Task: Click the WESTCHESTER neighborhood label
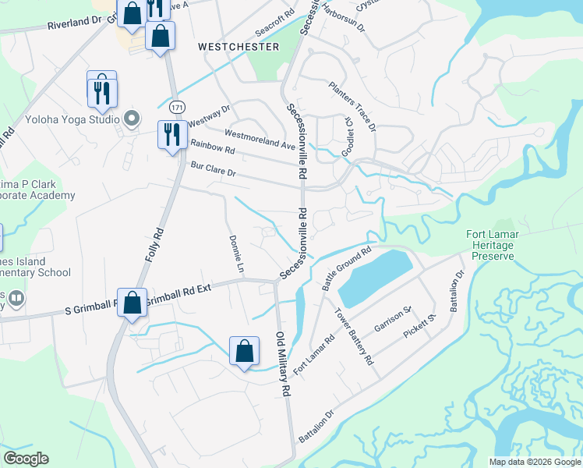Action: [238, 47]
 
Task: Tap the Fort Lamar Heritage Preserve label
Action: [500, 245]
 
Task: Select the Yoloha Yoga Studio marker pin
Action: [132, 119]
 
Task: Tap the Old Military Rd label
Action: [283, 362]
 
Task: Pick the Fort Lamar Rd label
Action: [314, 353]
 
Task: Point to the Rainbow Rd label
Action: [213, 147]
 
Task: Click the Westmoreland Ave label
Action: [260, 136]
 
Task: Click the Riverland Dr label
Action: [75, 23]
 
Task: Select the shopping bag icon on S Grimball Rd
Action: [132, 303]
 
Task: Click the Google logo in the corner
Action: [26, 459]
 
